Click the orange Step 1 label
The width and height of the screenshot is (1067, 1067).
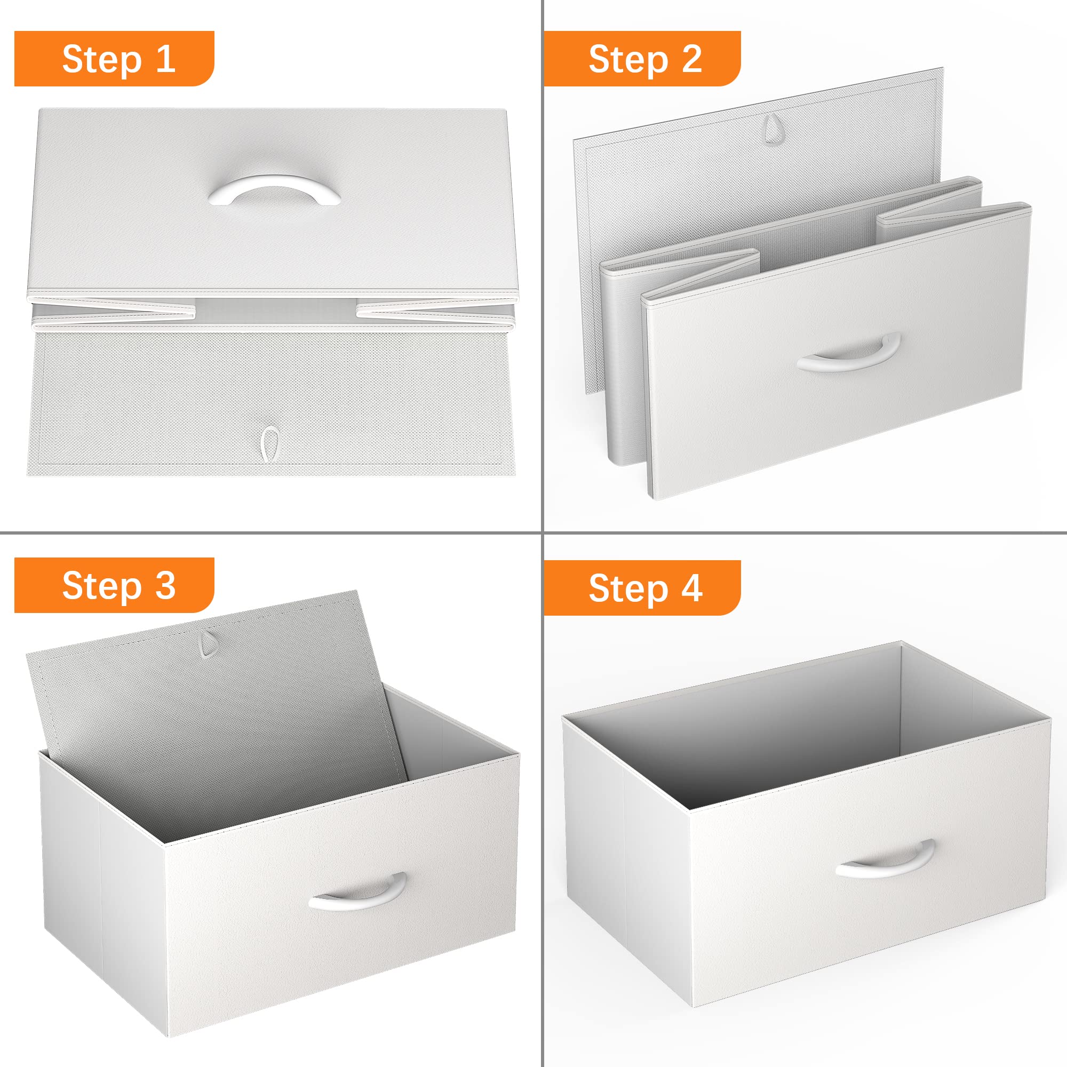pos(114,59)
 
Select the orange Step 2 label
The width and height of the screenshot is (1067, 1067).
pos(642,59)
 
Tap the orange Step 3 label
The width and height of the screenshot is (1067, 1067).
pos(114,585)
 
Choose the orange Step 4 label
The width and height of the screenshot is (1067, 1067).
pos(642,587)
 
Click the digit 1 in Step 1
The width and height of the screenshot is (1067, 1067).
pos(166,58)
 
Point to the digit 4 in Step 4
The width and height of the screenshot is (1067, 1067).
pos(692,587)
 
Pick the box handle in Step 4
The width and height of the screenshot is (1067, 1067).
pos(885,859)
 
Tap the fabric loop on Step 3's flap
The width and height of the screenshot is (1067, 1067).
pos(209,643)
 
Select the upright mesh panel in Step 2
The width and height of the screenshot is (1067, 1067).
pos(757,221)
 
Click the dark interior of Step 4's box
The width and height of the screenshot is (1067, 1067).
pos(773,735)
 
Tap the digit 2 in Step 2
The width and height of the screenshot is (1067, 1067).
pos(692,58)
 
